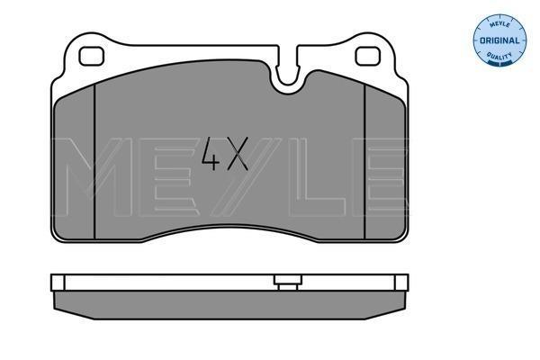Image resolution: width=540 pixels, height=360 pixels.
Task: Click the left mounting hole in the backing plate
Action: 91,56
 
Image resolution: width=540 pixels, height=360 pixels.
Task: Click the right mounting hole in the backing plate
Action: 367,56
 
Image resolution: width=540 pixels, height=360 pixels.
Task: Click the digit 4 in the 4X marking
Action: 211,154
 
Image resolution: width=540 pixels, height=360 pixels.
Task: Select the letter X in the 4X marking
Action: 236,154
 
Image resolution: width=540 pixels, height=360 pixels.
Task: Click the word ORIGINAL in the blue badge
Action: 499,40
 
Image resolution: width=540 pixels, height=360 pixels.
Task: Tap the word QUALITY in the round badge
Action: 499,56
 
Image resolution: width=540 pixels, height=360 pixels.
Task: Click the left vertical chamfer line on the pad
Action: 94,162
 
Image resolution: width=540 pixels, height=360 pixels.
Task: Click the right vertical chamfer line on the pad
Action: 364,162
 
